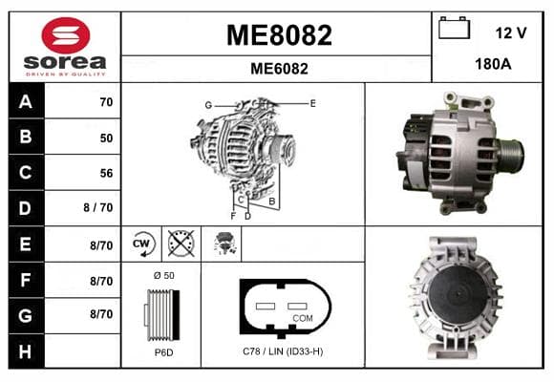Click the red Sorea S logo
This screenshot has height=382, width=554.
coord(66,35)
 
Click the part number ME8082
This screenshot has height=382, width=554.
coord(279,35)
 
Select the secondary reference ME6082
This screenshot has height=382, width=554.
coord(279,69)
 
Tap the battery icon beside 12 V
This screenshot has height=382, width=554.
coord(454,28)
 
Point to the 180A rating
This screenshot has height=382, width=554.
coord(493,64)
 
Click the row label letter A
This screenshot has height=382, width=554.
coord(26,102)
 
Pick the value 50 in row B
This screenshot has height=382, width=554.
coord(106,138)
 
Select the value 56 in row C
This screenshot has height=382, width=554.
coord(106,173)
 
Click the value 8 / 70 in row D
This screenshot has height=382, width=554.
coord(98,207)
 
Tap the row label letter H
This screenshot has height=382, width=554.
coord(25,351)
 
